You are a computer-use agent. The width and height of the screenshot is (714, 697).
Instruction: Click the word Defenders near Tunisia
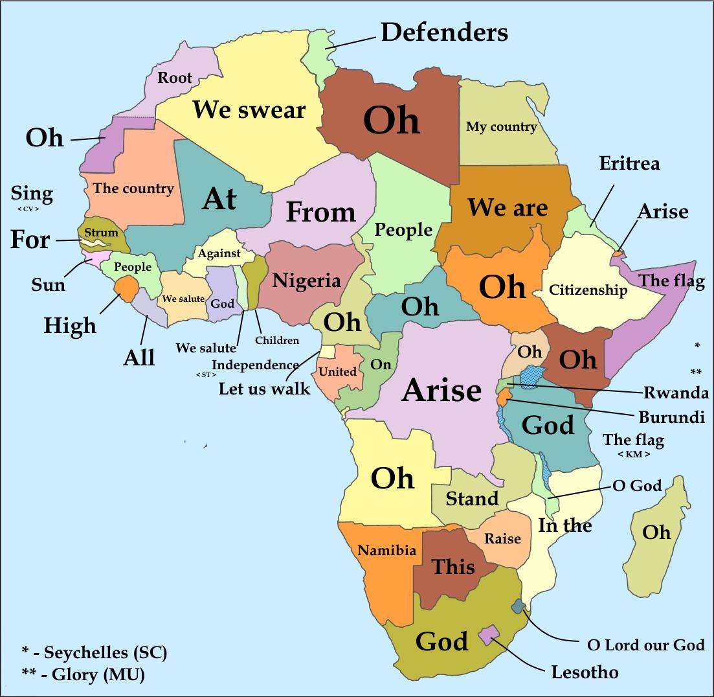pos(444,32)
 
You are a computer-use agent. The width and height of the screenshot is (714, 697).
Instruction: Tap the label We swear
pos(249,109)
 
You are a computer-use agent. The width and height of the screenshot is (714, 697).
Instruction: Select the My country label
pos(501,126)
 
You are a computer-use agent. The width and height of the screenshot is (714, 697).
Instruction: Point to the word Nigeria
pos(306,280)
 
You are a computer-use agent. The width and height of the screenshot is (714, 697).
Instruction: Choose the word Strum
pos(101,233)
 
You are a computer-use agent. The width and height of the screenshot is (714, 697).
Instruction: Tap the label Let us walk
pos(264,389)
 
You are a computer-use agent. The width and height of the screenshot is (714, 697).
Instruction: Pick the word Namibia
pos(386,551)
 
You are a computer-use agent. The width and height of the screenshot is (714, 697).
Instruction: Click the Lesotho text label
pos(585,672)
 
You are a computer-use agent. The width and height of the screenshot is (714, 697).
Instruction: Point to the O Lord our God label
pos(645,645)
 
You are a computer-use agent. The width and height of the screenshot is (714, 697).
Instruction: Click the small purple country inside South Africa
pos(490,634)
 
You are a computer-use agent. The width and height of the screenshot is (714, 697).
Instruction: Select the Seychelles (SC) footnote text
pos(95,652)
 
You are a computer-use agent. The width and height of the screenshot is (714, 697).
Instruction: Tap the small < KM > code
pos(634,454)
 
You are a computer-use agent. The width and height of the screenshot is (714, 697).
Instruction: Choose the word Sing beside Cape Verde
pos(32,194)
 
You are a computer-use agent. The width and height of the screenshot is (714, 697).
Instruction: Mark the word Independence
pos(255,365)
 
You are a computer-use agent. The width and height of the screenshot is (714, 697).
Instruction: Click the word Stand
pos(472,499)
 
